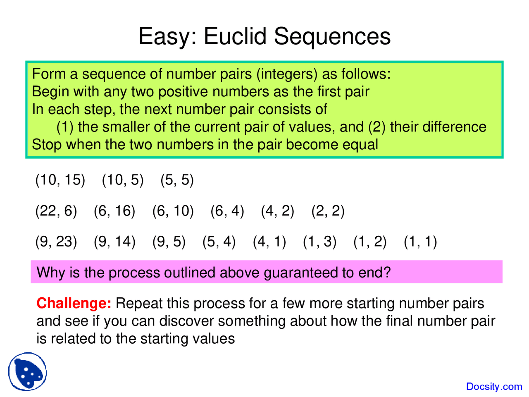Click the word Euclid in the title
point(235,36)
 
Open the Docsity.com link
point(494,387)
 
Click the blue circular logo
point(27,371)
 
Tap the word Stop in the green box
point(47,144)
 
